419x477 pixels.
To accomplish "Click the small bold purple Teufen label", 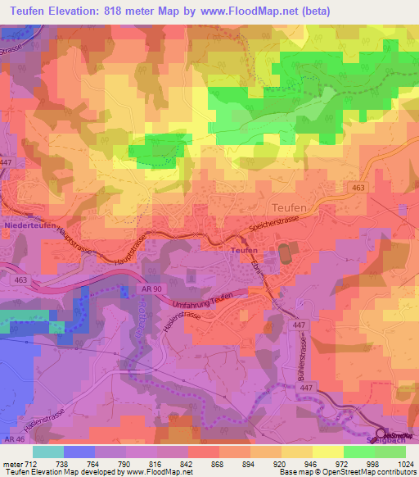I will (244, 250).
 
